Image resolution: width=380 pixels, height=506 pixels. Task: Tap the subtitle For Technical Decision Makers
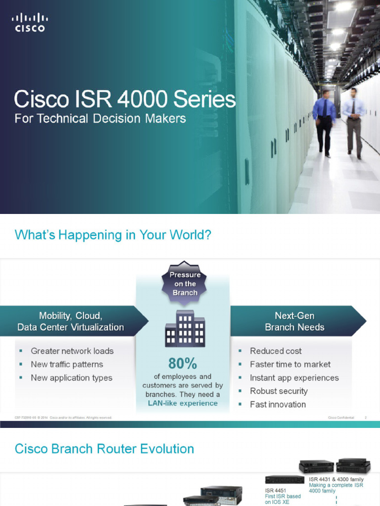[100, 119]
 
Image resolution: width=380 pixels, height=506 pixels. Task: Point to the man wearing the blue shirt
[324, 121]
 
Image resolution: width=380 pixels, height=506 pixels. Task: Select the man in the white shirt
[353, 121]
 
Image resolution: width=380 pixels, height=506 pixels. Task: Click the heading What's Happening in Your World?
[113, 235]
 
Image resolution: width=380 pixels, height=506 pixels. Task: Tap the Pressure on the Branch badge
[185, 283]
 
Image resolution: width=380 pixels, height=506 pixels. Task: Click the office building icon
[185, 328]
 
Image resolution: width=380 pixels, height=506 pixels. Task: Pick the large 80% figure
[183, 364]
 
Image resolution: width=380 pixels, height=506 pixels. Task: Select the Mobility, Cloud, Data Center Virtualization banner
[71, 321]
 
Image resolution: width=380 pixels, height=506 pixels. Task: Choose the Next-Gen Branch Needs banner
[295, 321]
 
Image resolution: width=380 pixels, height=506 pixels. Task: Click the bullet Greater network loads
[72, 351]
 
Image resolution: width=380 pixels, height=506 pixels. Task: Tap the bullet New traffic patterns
[67, 364]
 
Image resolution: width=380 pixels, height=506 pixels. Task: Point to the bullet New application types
[72, 378]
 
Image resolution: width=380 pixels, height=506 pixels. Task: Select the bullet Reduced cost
[276, 351]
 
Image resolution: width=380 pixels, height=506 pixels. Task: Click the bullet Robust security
[279, 391]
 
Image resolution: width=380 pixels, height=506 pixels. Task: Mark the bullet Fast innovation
[278, 404]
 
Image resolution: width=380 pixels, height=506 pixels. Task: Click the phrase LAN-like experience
[183, 403]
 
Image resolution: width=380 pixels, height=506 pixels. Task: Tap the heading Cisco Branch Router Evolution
[104, 449]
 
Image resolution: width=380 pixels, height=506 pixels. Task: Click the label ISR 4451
[276, 491]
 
